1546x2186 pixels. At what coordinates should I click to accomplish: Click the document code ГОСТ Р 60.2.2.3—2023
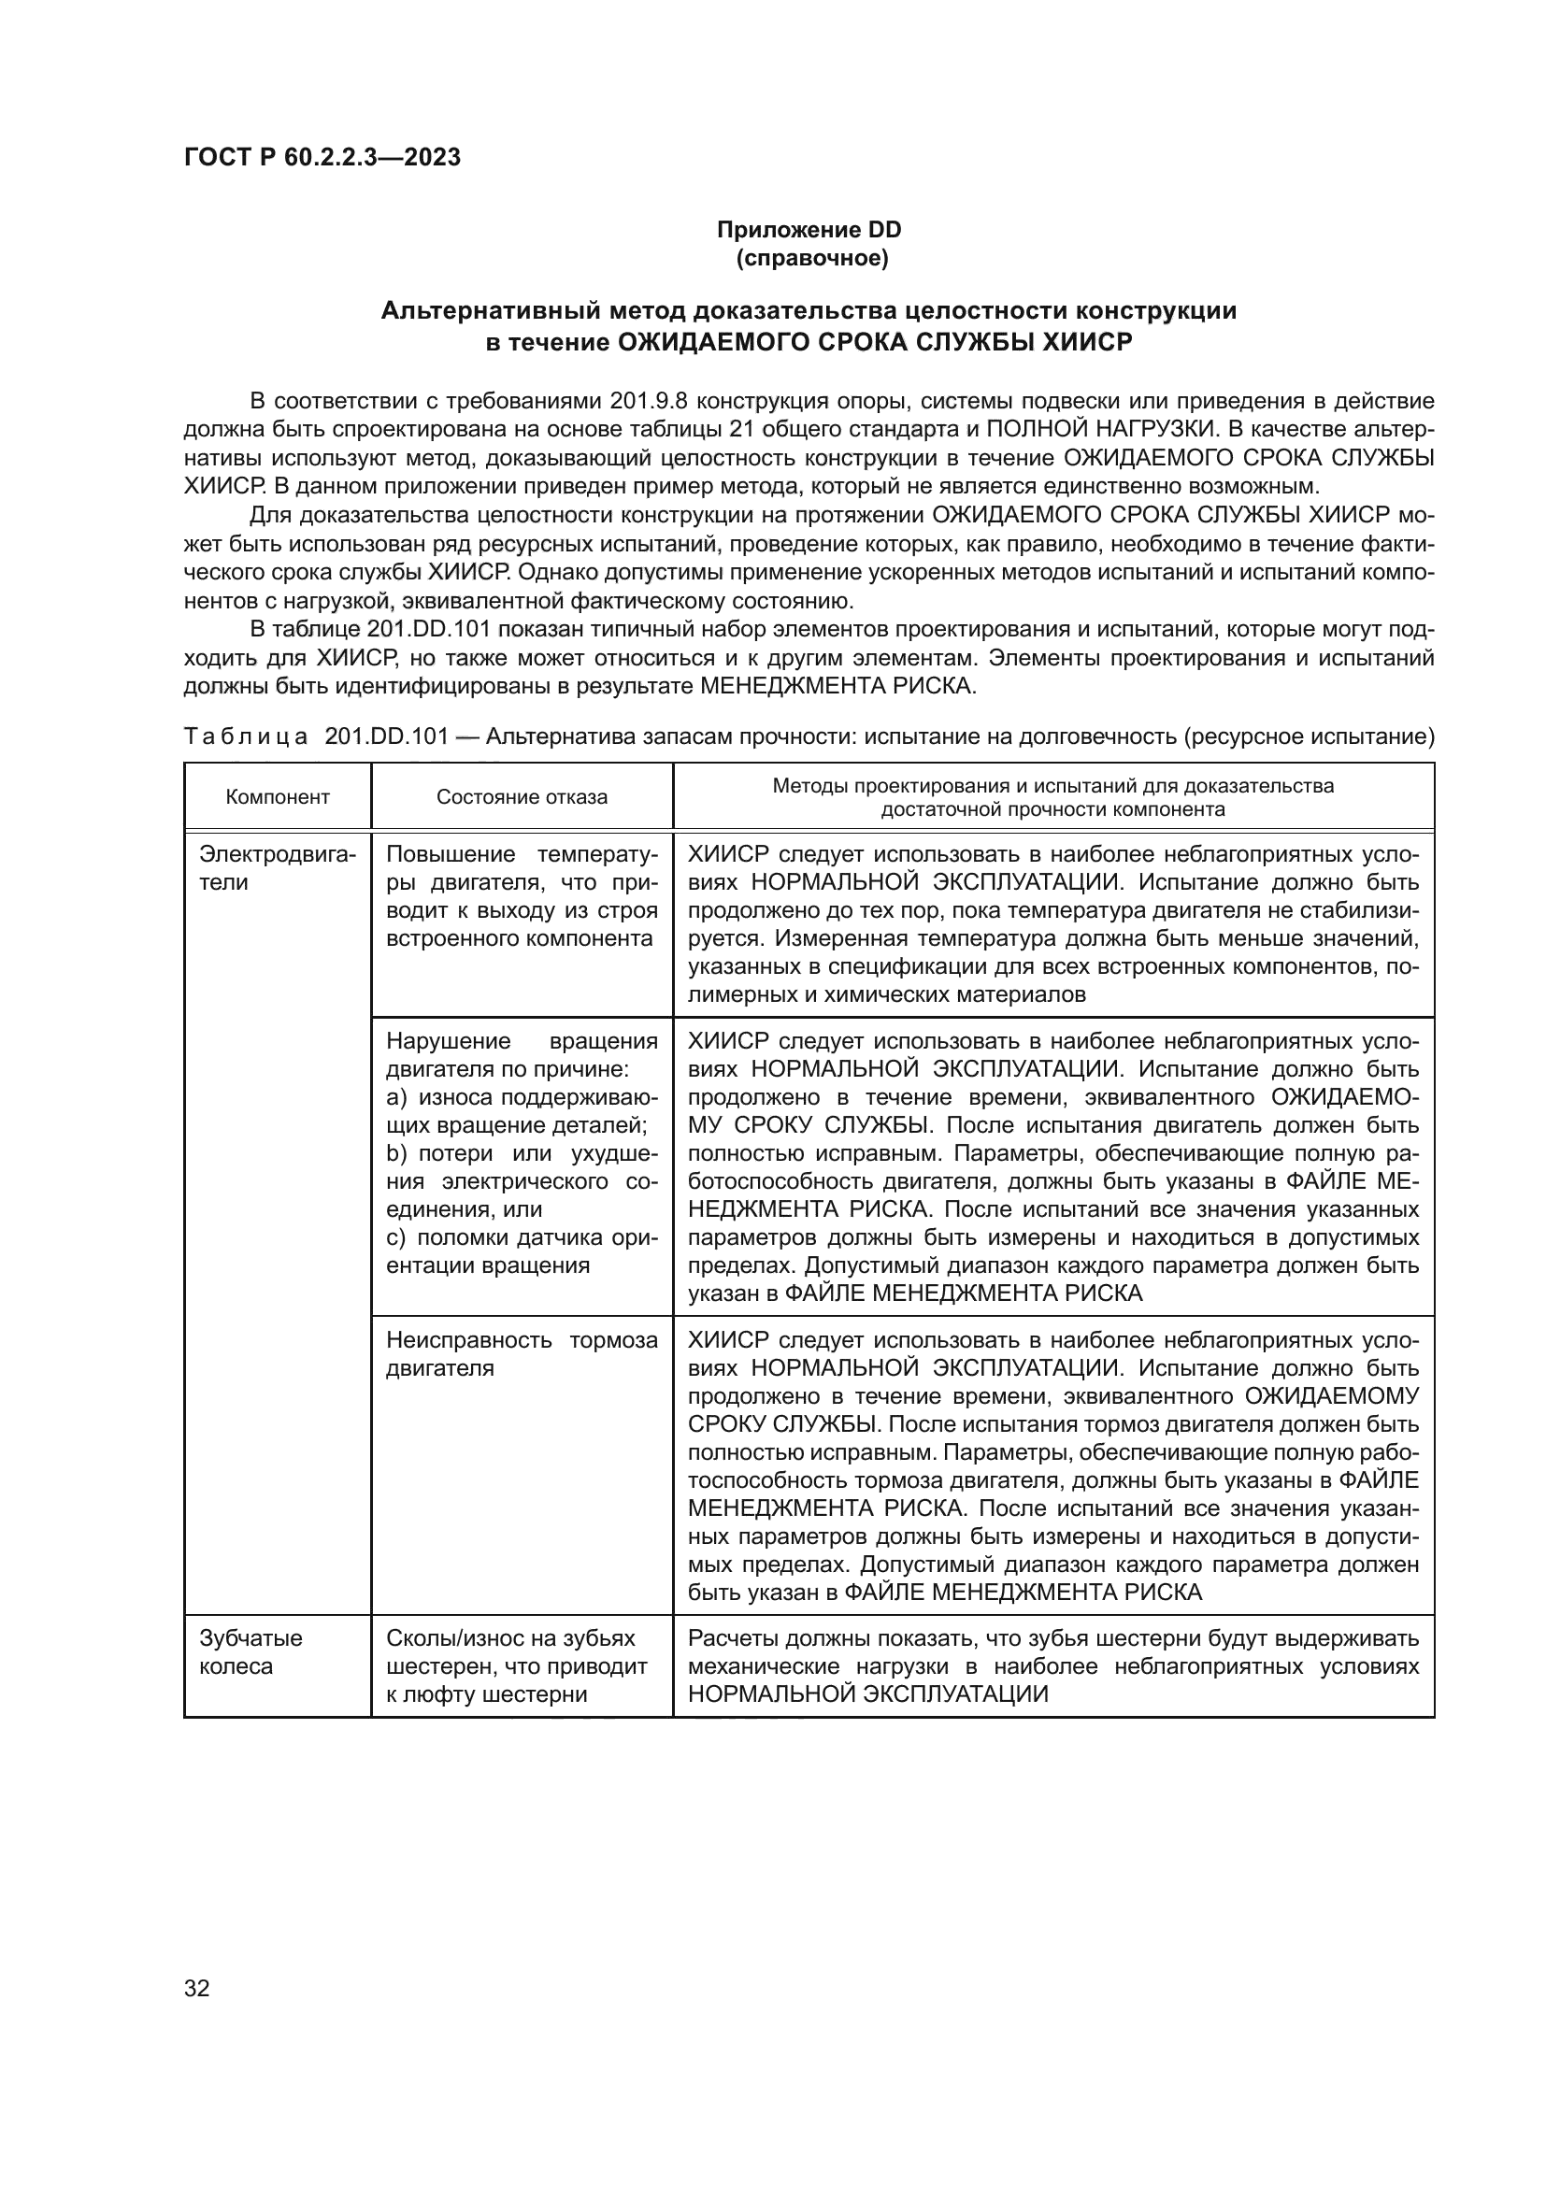(x=322, y=158)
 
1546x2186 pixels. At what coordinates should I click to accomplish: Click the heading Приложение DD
(x=809, y=231)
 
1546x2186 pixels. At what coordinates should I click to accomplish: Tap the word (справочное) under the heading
(x=811, y=259)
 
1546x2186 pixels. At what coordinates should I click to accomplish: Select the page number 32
(x=197, y=1988)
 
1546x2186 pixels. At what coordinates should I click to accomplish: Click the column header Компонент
(x=277, y=797)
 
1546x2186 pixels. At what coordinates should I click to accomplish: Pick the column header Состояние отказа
(x=522, y=797)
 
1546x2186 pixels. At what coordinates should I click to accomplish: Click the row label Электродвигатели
(x=276, y=867)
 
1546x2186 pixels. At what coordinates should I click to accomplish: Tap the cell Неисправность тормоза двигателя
(x=521, y=1354)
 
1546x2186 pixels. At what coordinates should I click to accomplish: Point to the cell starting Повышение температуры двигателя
(x=521, y=896)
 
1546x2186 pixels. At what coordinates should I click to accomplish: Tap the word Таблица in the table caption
(x=246, y=736)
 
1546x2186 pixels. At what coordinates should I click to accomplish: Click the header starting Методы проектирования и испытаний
(x=1052, y=798)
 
